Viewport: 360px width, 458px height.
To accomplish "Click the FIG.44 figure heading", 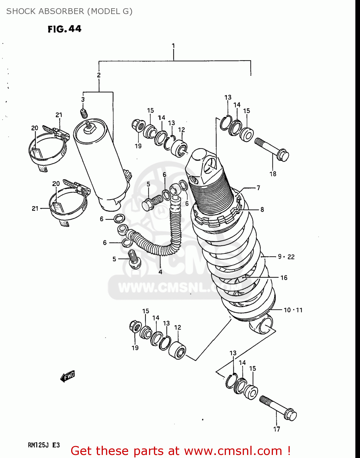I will click(x=64, y=29).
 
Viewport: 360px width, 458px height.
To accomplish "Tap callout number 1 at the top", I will click(x=173, y=46).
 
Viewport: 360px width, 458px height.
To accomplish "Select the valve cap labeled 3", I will click(x=84, y=113).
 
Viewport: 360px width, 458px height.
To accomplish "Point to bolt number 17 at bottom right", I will click(x=278, y=407).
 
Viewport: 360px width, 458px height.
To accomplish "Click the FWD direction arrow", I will click(x=68, y=376).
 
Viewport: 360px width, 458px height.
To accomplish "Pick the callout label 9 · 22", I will click(x=286, y=257).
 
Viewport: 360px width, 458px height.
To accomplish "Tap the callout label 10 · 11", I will click(x=293, y=310).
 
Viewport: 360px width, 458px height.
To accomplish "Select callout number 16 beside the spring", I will click(x=284, y=278).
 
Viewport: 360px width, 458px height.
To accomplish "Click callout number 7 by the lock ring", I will click(x=258, y=188).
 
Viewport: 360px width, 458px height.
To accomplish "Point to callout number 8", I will click(x=262, y=209).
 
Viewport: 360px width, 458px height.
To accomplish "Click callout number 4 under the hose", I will click(x=160, y=271).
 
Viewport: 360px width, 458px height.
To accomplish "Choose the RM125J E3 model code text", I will click(x=44, y=445).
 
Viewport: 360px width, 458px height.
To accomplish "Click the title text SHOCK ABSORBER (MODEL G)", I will click(x=69, y=11).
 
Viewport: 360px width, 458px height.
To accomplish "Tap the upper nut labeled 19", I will click(x=136, y=125).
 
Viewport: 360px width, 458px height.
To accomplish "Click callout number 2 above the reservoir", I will click(x=99, y=75).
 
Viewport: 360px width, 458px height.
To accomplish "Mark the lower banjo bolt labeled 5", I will click(x=133, y=259).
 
